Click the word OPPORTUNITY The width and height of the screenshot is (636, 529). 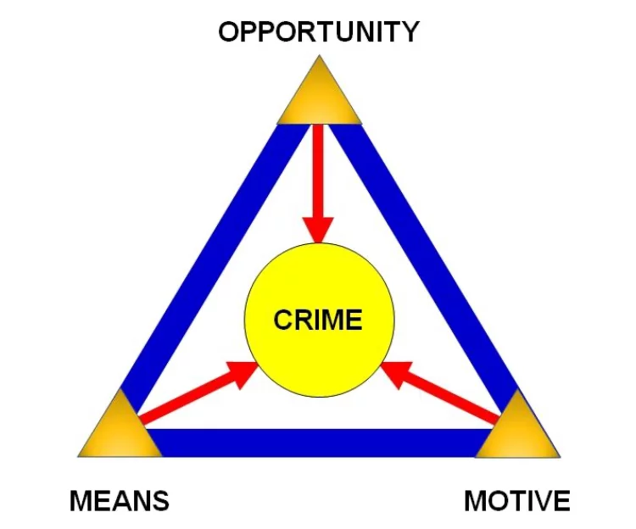319,31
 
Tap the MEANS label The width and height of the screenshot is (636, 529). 120,501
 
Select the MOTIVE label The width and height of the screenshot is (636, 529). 517,501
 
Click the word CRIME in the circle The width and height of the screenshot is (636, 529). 318,320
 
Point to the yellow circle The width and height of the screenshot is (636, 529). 319,320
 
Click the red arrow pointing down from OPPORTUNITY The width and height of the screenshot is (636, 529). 318,184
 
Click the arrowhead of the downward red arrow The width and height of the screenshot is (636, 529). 318,231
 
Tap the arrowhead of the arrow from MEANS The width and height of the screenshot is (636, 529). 243,374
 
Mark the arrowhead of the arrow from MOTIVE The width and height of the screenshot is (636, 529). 396,374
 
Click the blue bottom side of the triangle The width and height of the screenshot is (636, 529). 319,443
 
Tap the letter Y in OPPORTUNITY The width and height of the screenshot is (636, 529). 410,31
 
